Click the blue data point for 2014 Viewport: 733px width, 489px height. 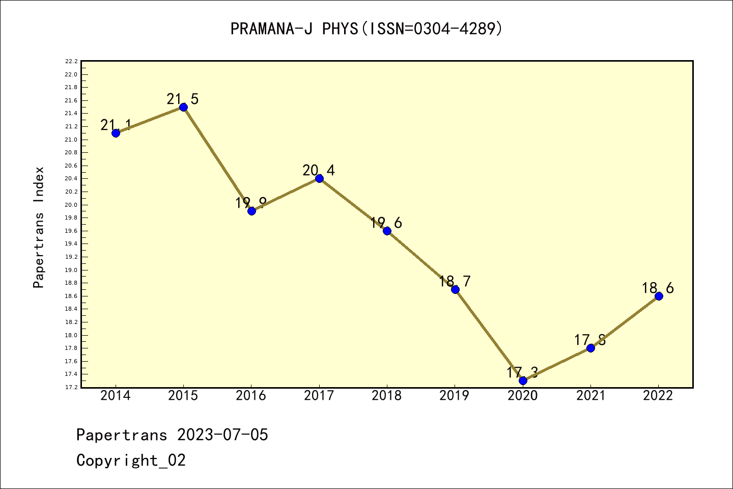pos(116,133)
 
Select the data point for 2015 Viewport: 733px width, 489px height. pos(183,107)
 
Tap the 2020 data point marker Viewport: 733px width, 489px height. pos(523,381)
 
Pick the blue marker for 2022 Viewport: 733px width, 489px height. pos(659,296)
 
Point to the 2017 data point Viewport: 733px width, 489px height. pos(319,178)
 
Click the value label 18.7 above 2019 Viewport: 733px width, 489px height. pos(455,281)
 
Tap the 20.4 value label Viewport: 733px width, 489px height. pos(319,170)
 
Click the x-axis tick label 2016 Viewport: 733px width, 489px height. pos(251,396)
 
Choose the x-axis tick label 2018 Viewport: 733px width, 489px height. pos(387,396)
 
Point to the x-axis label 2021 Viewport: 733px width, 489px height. pos(590,396)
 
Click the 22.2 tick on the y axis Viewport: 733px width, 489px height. pos(71,62)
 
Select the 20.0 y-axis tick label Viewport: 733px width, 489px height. pos(71,205)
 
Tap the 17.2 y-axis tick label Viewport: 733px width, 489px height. pos(71,387)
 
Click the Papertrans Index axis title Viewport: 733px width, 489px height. pos(39,227)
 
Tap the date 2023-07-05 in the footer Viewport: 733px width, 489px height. pos(222,435)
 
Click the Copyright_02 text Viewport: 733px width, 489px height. pos(131,460)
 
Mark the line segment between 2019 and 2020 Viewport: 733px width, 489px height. pos(489,335)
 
